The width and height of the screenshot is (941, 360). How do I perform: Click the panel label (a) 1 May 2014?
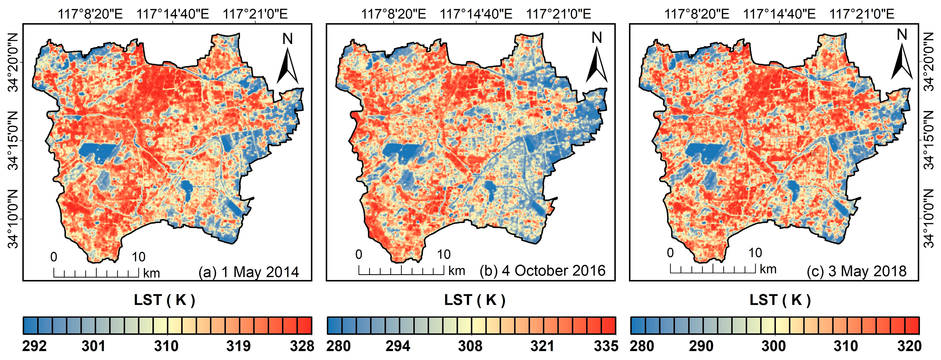coord(249,272)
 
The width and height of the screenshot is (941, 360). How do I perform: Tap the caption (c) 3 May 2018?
coord(857,271)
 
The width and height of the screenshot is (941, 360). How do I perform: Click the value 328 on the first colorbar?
coord(302,346)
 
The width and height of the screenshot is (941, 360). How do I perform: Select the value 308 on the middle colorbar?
coord(470,346)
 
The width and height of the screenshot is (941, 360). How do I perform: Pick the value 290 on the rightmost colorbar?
coord(701,346)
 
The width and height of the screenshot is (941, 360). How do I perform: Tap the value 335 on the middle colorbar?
coord(606,346)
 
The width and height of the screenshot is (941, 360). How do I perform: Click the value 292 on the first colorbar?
coord(34,346)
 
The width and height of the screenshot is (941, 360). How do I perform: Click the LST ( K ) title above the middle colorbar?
coord(474,300)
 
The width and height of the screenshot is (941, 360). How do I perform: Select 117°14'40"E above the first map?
coord(173,14)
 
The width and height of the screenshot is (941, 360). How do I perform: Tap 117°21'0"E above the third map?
coord(862,14)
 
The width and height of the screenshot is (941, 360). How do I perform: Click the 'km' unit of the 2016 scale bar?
coord(457,271)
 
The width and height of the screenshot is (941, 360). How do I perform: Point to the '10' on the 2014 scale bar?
coord(138,257)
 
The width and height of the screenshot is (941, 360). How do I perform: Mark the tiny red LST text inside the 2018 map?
coord(813,154)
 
